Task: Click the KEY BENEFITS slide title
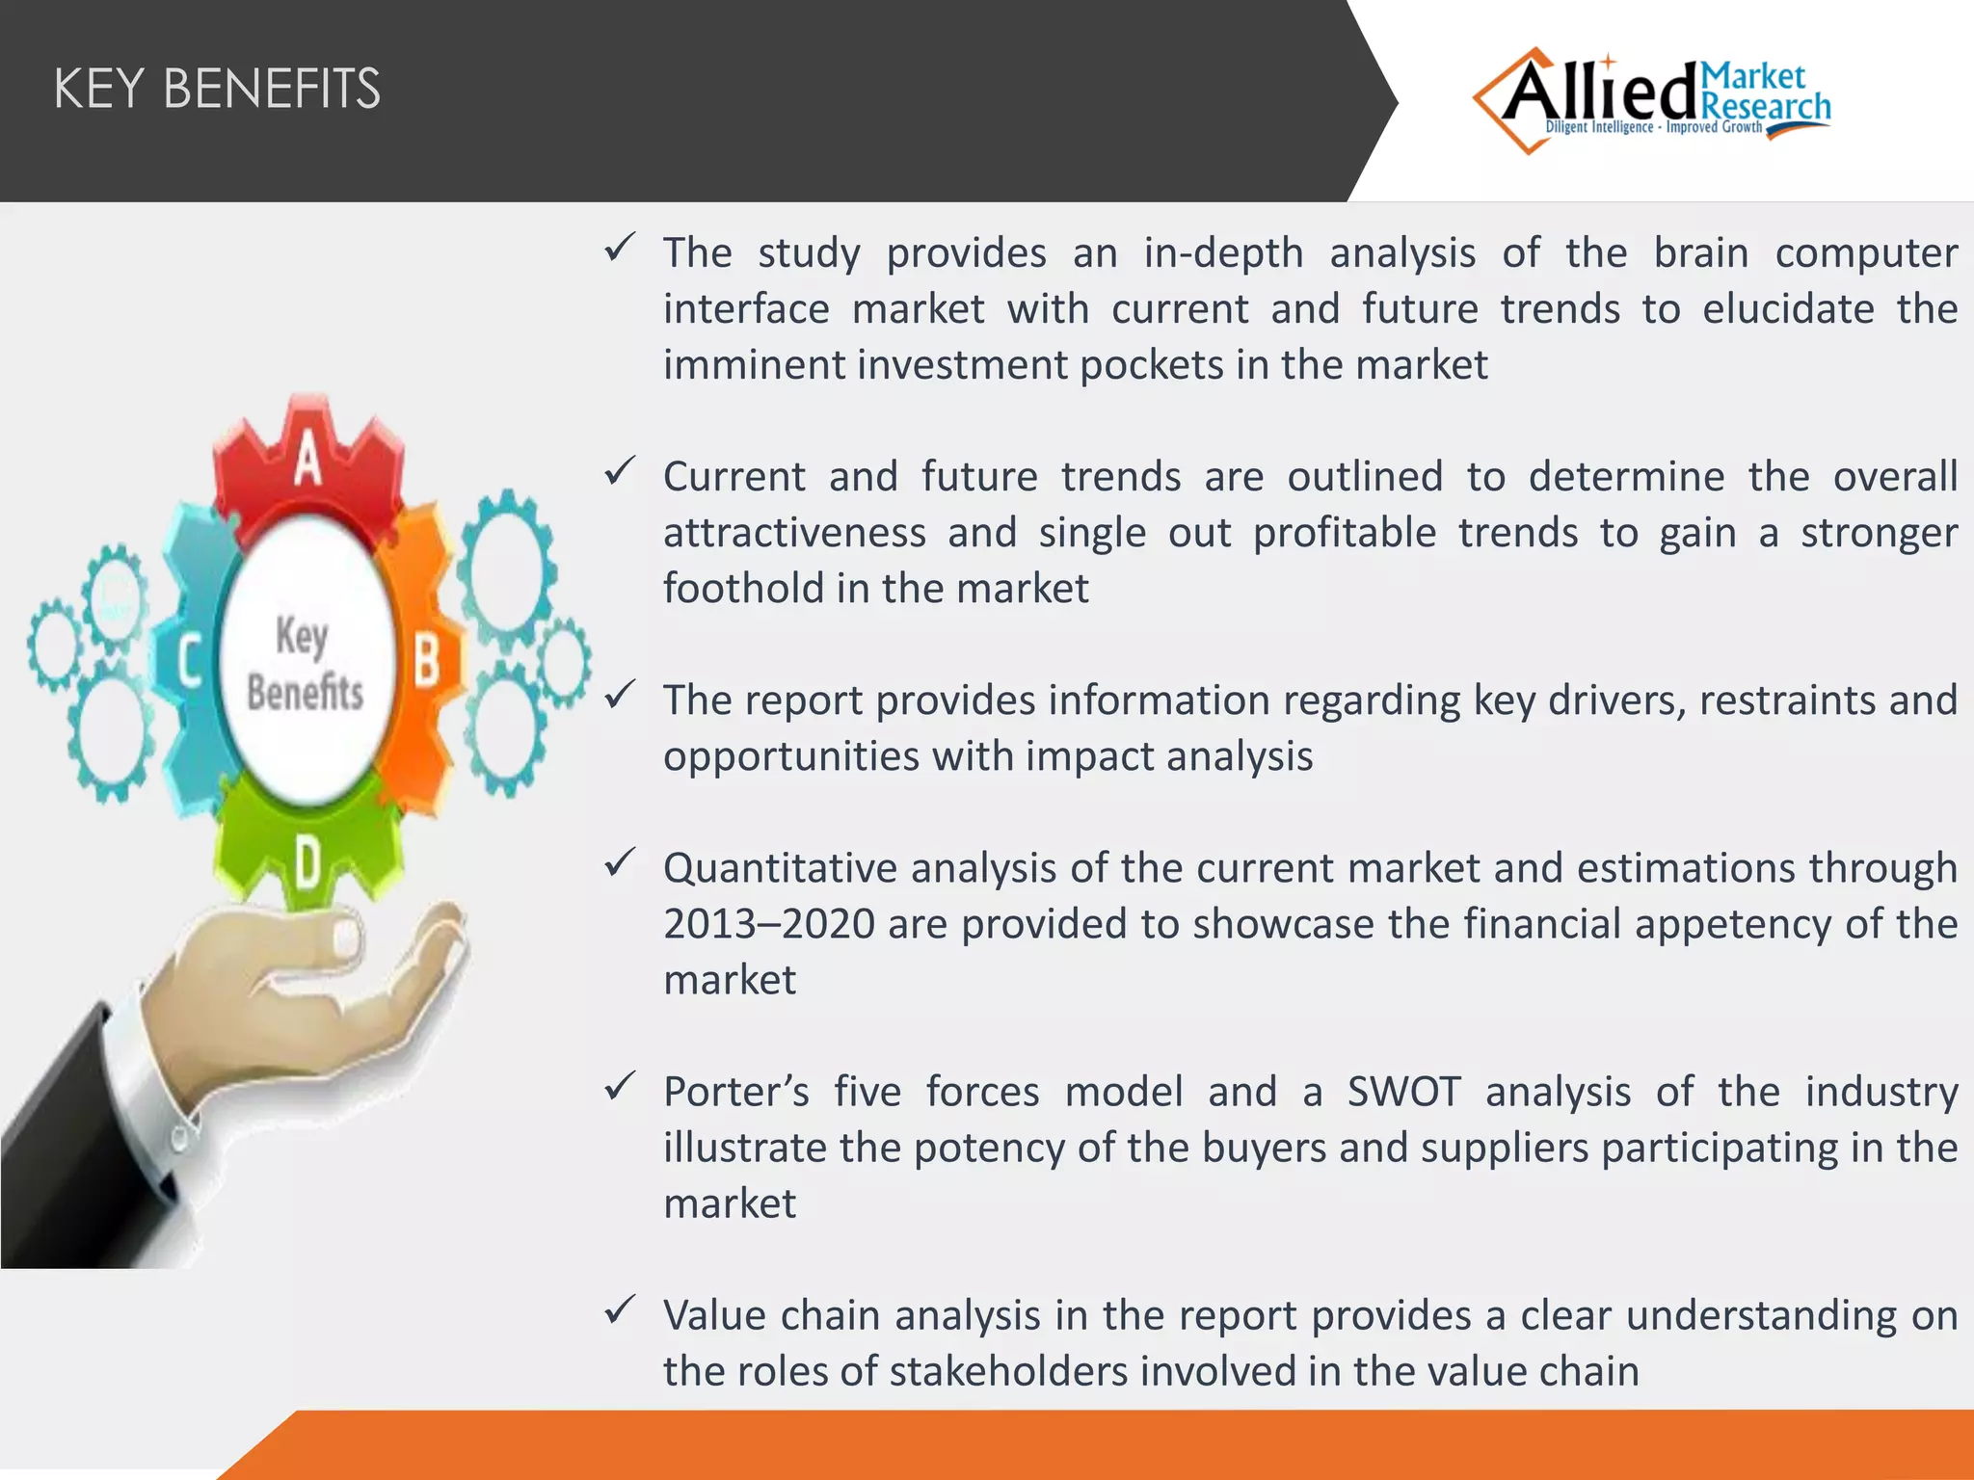[x=217, y=89]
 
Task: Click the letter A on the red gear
[x=307, y=461]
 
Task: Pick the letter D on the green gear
[x=307, y=860]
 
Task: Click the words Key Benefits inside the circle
[x=304, y=665]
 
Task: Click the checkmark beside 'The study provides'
[x=620, y=248]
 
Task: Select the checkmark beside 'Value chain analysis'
[x=620, y=1309]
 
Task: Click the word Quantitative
[x=779, y=869]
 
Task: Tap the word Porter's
[x=735, y=1092]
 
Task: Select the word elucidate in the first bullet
[x=1788, y=309]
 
